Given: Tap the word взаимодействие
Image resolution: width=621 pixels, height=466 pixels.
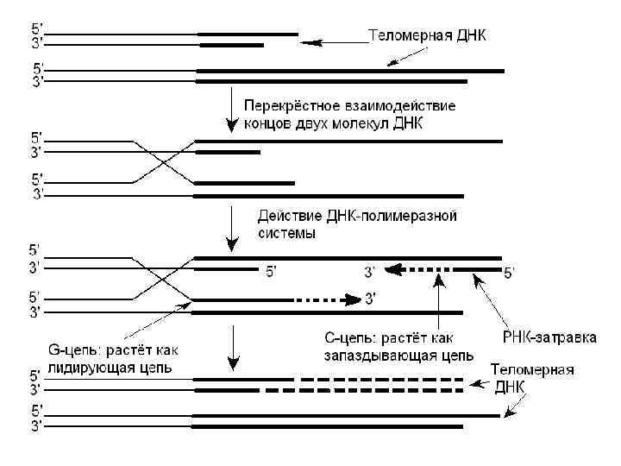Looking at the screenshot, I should (403, 106).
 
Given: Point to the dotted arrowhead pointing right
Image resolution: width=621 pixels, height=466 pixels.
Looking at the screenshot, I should (353, 300).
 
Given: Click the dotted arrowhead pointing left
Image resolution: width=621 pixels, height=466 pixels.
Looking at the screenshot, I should (394, 270).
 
